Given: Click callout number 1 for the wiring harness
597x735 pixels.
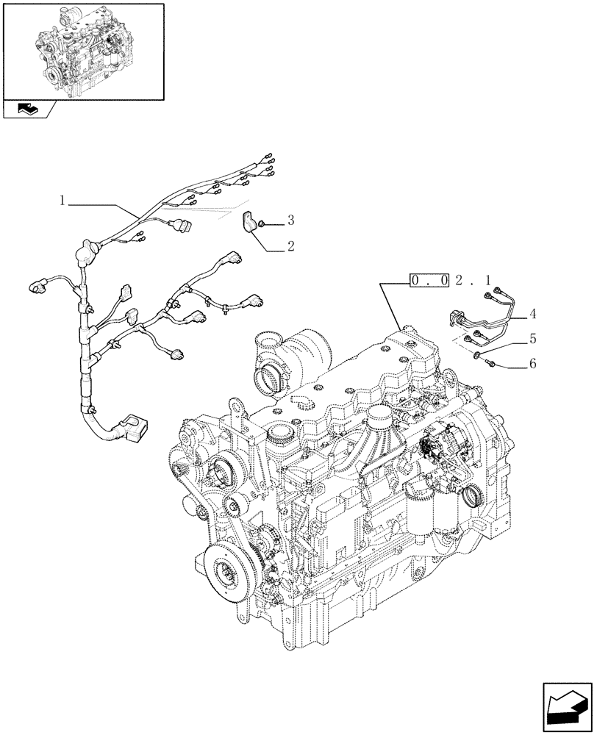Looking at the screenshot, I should pos(64,200).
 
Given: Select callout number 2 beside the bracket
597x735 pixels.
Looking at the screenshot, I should pos(290,247).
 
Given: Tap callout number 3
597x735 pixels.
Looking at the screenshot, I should pos(290,220).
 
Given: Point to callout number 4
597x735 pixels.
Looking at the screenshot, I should pos(532,314).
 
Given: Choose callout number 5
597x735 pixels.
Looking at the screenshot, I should pos(532,339).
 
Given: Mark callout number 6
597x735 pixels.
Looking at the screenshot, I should pos(532,364).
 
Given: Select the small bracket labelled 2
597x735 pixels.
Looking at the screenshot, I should pos(252,221).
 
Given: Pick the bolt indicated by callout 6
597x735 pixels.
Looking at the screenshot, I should pos(490,364).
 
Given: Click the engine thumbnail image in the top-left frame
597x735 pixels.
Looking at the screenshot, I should pos(82,51).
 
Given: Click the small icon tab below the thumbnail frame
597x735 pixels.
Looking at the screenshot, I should pos(28,110).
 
